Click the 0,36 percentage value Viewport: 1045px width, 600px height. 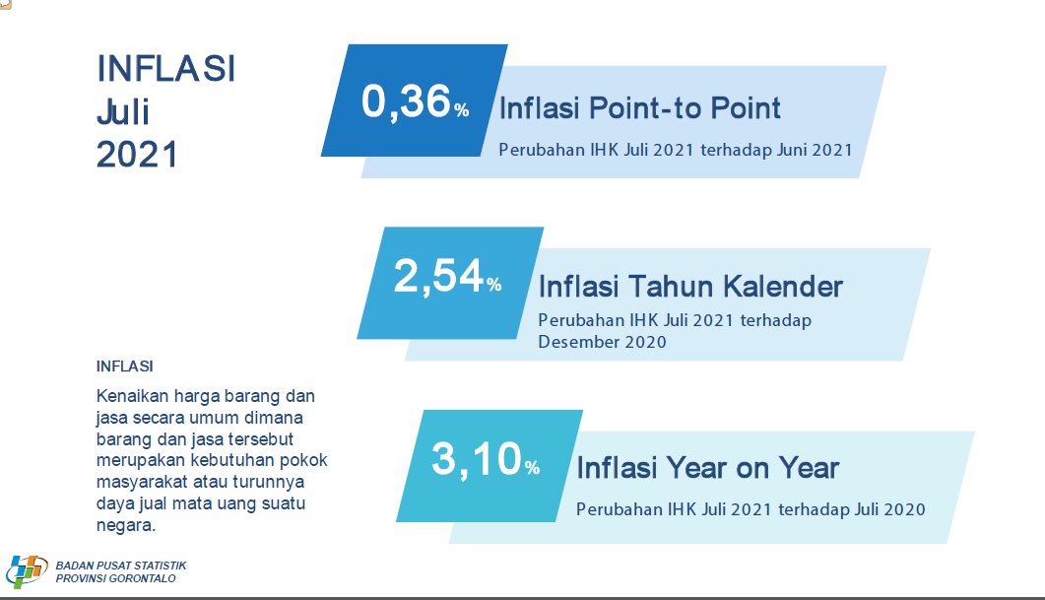coord(416,102)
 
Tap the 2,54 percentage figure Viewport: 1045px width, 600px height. coord(447,277)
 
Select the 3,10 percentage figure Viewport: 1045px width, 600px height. coord(486,459)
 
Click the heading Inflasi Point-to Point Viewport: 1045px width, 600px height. coord(640,108)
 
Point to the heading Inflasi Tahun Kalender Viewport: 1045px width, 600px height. coord(690,287)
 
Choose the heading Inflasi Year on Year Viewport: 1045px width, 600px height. coord(707,467)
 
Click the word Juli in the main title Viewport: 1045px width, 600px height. coord(123,112)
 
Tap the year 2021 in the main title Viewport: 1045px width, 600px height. coord(137,155)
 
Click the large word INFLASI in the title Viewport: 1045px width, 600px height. coord(165,69)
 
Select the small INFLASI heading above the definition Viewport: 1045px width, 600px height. coord(125,366)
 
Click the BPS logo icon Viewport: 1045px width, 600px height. coord(27,571)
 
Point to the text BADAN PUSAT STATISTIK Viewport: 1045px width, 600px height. coord(120,566)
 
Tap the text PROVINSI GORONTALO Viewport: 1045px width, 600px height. coord(115,578)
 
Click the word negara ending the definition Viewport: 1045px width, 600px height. coord(125,525)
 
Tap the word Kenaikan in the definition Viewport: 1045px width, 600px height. coord(132,396)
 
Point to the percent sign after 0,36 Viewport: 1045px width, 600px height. coord(462,110)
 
